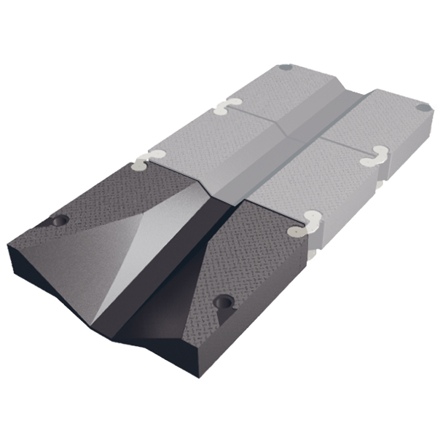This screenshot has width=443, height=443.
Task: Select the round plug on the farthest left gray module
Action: pyautogui.click(x=286, y=67)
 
